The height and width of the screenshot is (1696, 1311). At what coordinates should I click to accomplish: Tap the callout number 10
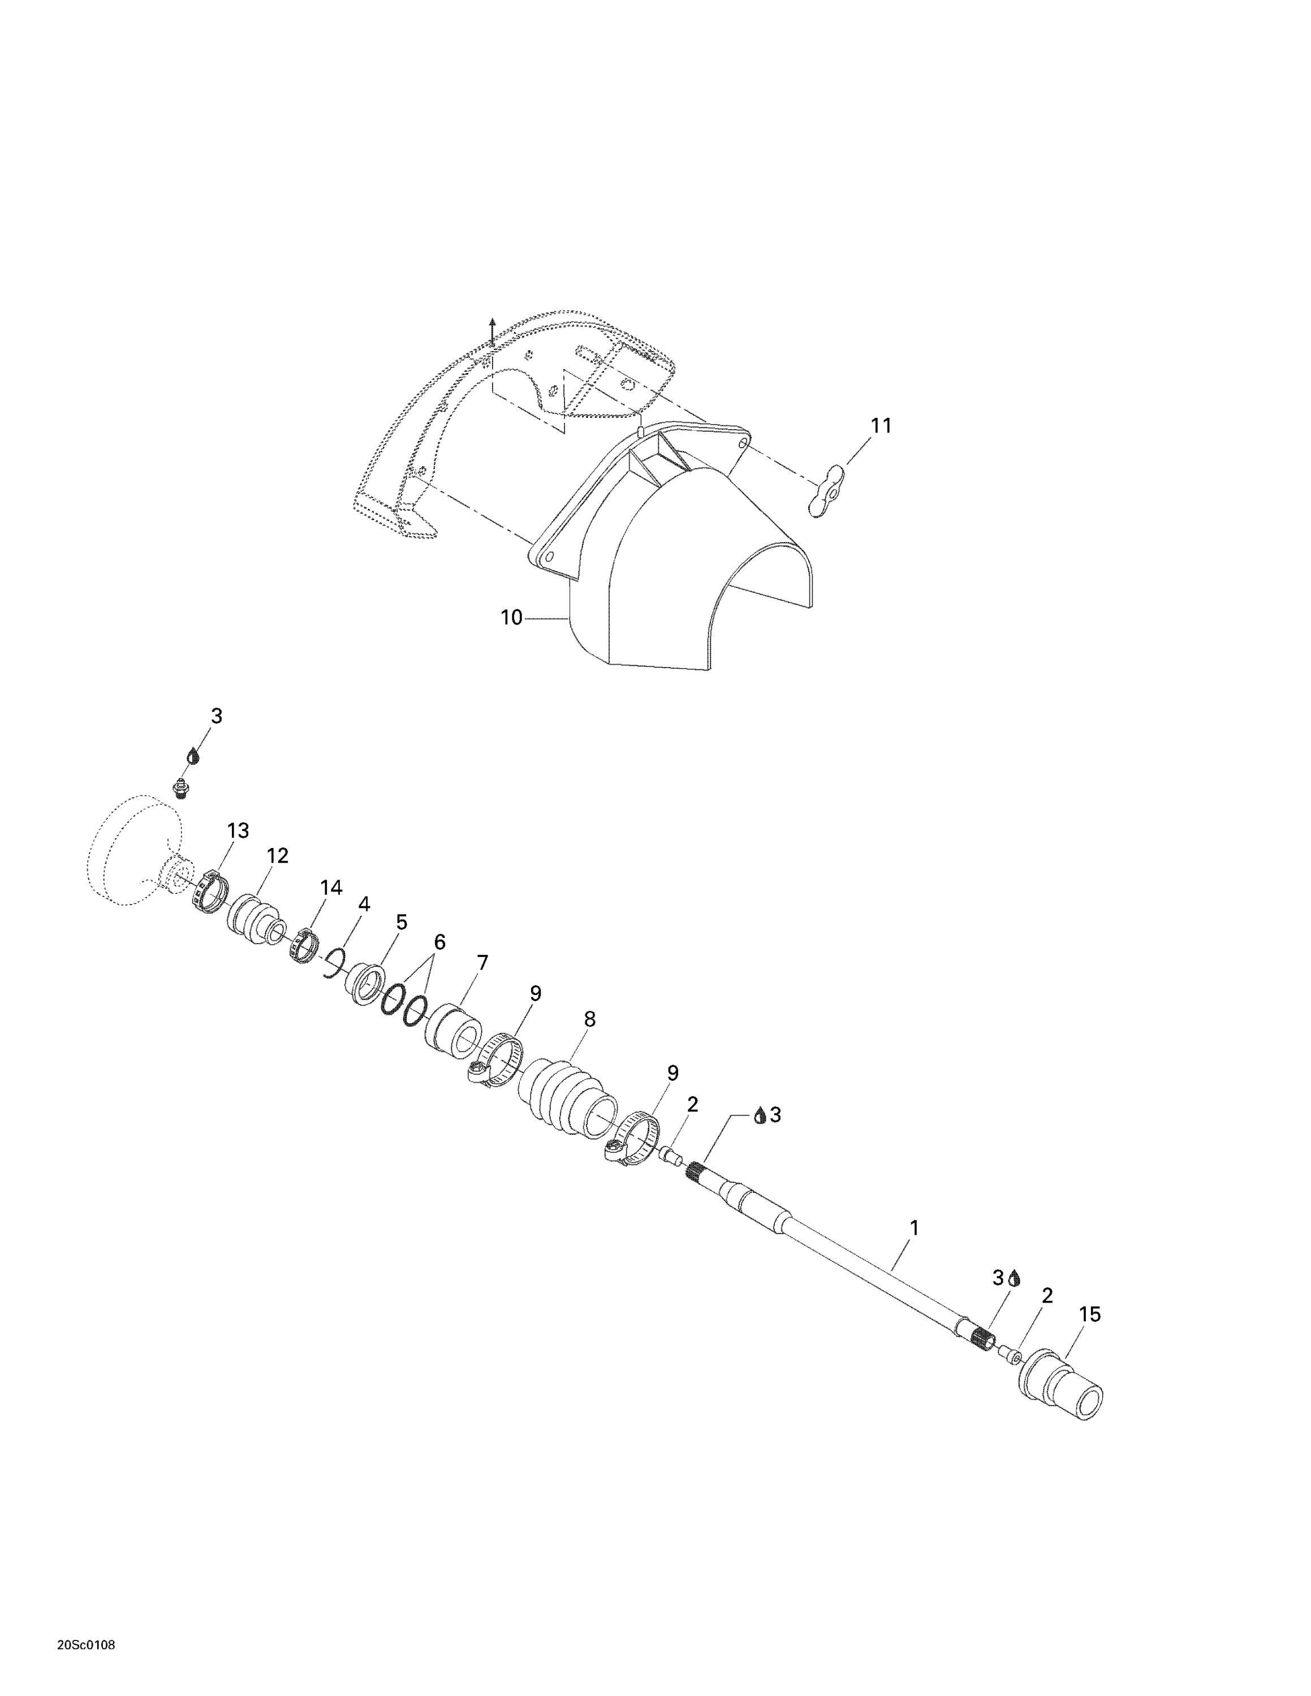tap(512, 617)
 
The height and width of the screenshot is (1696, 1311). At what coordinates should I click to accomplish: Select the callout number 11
tap(881, 426)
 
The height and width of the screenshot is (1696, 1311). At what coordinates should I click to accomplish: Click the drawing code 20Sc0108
tap(86, 1646)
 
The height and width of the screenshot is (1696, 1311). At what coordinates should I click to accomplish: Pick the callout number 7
tap(482, 963)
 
